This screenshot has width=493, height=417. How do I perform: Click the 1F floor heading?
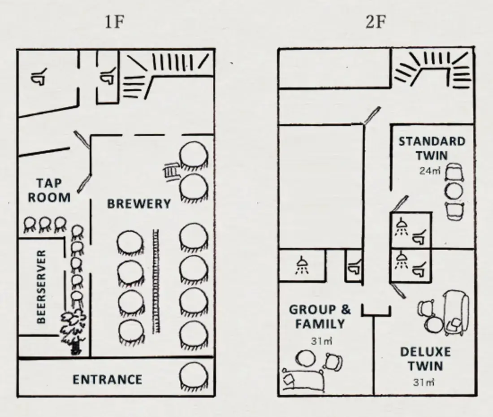[114, 22]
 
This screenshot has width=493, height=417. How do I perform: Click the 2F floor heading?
[376, 22]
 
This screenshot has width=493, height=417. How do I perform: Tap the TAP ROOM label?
[49, 190]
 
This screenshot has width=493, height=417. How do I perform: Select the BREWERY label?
[139, 204]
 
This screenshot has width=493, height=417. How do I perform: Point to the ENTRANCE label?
[108, 380]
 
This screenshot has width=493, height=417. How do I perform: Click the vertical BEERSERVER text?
[41, 287]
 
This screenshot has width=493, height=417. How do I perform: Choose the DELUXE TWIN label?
[425, 359]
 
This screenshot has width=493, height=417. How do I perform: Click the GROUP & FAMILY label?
[320, 317]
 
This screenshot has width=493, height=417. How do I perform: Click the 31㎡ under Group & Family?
[321, 341]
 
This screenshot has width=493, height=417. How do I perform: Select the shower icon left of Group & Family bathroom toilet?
[302, 266]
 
